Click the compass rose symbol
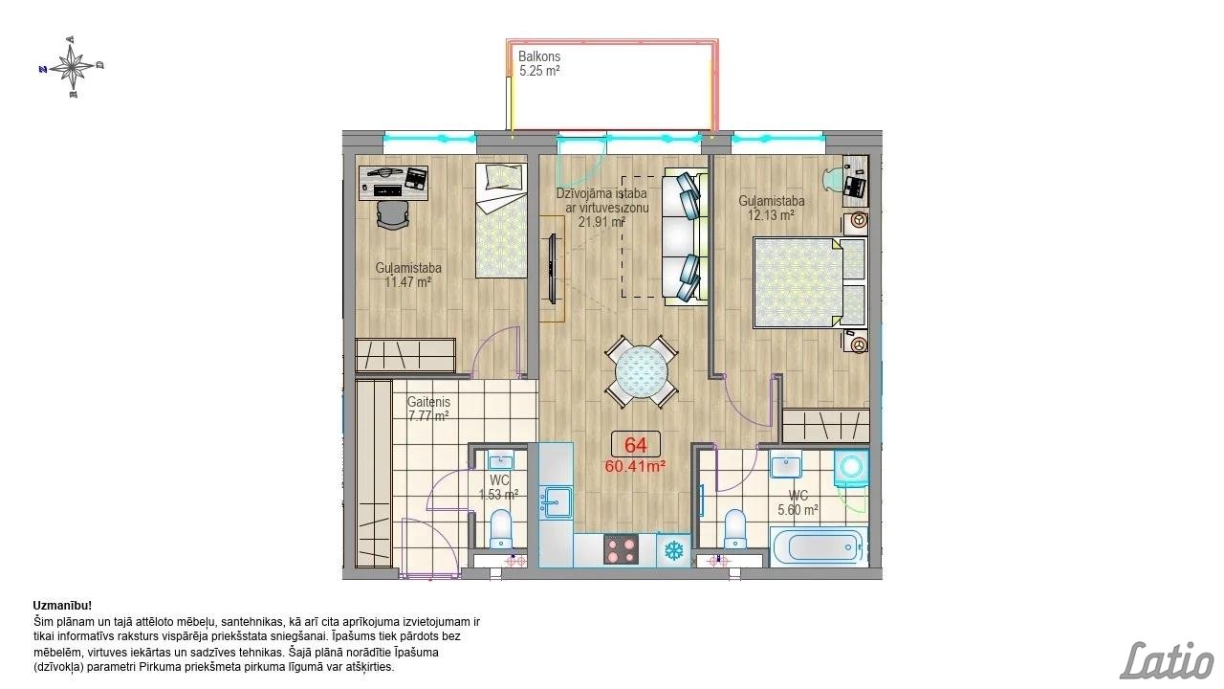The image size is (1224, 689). [x=72, y=67]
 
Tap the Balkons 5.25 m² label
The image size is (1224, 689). [x=539, y=63]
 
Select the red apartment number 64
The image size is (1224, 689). [x=636, y=445]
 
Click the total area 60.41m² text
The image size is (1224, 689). [x=635, y=466]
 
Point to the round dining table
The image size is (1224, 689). [x=642, y=372]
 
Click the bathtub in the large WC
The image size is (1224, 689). [x=819, y=546]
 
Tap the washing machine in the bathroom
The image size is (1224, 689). [x=851, y=468]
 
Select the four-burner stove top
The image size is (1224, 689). [x=621, y=549]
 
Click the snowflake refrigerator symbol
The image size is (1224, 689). [x=674, y=550]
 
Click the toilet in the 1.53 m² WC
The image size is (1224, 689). [x=500, y=528]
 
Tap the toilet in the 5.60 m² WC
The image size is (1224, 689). [x=733, y=528]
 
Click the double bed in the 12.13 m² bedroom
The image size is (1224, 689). [x=810, y=282]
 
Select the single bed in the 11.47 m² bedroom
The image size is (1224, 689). [x=501, y=220]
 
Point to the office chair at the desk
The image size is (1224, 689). [x=392, y=214]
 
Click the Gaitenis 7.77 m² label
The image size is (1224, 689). [x=428, y=409]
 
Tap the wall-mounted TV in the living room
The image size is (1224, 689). [x=553, y=269]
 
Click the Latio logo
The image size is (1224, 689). [x=1168, y=660]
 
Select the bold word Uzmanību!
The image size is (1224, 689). [x=62, y=606]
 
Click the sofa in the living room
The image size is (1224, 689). [x=686, y=237]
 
